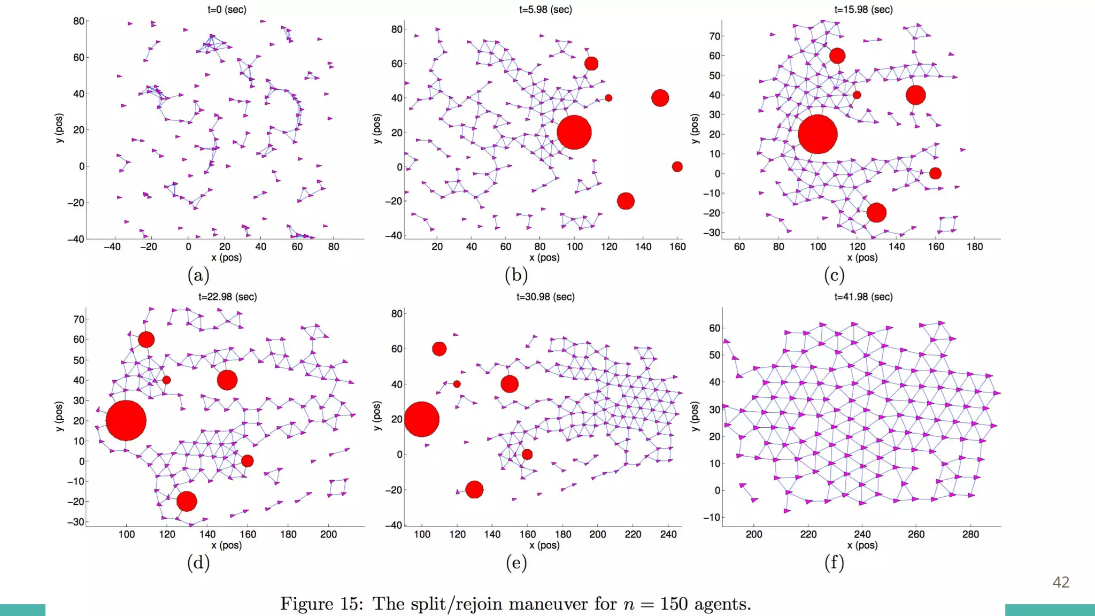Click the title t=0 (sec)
click(x=227, y=10)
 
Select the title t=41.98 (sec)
click(x=863, y=297)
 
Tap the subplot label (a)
click(x=198, y=275)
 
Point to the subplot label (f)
click(x=834, y=563)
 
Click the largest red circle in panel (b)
click(x=574, y=132)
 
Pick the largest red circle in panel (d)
click(x=126, y=420)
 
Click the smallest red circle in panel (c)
click(x=857, y=95)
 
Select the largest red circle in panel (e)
click(x=421, y=419)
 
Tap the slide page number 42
click(x=1061, y=582)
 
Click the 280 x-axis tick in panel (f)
click(x=970, y=534)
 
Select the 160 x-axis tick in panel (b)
click(x=677, y=247)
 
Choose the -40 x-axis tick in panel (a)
click(x=112, y=247)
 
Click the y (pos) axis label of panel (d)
click(x=59, y=416)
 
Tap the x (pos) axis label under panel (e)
click(x=544, y=545)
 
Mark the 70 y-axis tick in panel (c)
click(x=715, y=36)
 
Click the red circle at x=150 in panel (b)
click(x=660, y=98)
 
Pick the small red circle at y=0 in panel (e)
click(x=527, y=455)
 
